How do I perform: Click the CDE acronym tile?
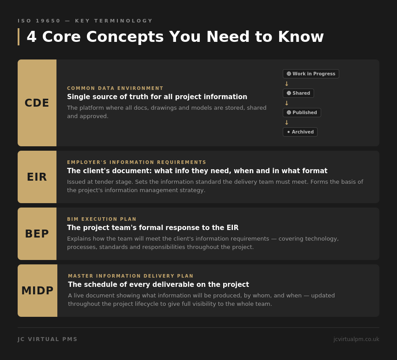(x=37, y=103)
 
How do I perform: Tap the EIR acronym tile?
(x=37, y=177)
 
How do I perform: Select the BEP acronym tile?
(x=37, y=234)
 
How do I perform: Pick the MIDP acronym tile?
(x=37, y=291)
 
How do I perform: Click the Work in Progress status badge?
(x=311, y=74)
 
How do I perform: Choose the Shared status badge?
(x=298, y=93)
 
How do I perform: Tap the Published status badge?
(x=302, y=113)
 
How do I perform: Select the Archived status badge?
(x=300, y=132)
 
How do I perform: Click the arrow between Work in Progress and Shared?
(x=287, y=84)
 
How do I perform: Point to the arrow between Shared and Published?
(x=287, y=103)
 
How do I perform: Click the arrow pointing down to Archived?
(x=287, y=122)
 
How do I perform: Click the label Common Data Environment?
(x=115, y=89)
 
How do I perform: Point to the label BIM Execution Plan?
(x=102, y=219)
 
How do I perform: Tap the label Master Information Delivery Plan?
(x=131, y=276)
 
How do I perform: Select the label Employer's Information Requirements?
(x=137, y=163)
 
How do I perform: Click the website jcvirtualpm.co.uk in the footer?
(x=356, y=339)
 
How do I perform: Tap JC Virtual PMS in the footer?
(x=48, y=339)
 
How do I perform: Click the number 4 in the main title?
(x=31, y=37)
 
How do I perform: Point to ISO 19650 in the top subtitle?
(x=39, y=21)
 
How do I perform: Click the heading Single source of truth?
(x=157, y=97)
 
